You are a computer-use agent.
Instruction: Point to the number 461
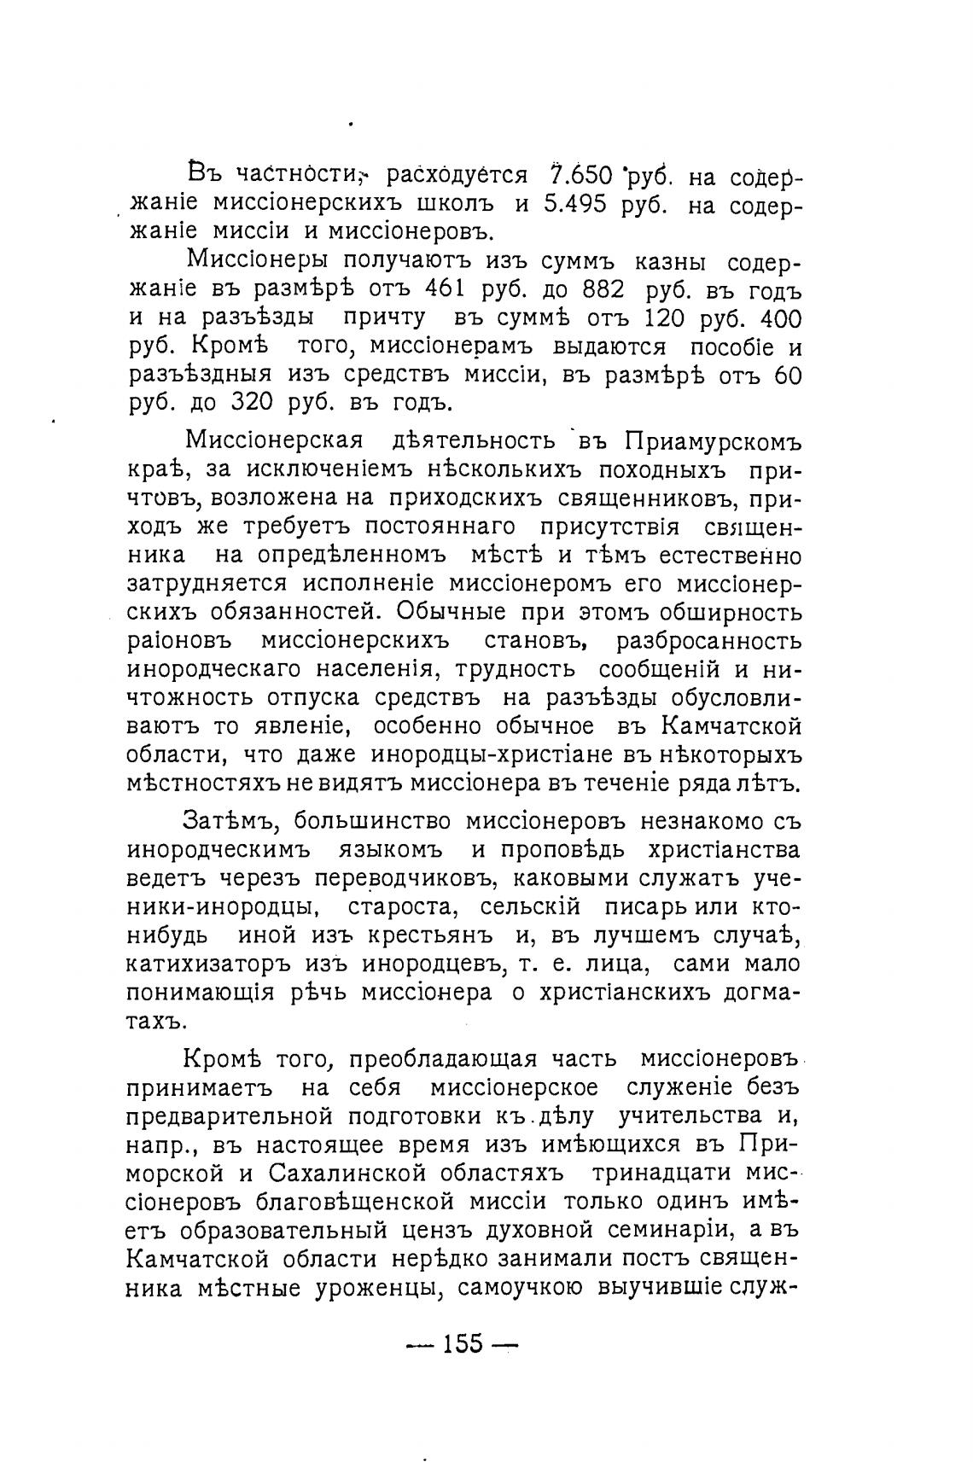441,289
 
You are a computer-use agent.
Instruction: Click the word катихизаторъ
210,964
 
